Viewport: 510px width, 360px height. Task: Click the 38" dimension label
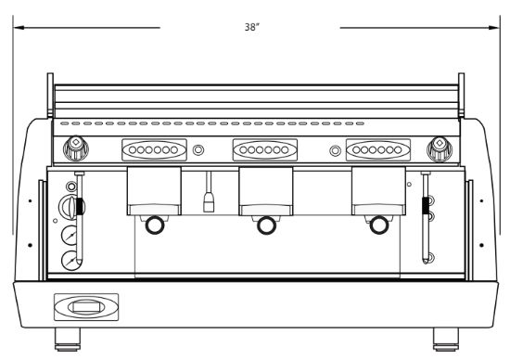(252, 27)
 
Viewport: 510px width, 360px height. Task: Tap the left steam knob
(76, 148)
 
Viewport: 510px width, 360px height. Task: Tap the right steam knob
(440, 149)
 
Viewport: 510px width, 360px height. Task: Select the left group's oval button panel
(154, 149)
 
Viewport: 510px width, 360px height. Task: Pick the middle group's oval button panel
(265, 149)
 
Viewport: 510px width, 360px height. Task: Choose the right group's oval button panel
(378, 149)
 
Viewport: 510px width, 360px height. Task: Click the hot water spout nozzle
(209, 202)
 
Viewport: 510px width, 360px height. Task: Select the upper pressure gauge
(70, 235)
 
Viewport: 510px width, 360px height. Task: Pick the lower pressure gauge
(70, 261)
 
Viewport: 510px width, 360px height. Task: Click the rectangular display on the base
(86, 307)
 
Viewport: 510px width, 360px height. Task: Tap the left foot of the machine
(68, 340)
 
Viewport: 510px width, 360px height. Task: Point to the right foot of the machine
(446, 340)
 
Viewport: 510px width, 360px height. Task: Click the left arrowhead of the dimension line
(19, 28)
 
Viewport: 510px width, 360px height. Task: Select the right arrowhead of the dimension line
(493, 28)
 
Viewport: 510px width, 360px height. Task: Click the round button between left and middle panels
(198, 150)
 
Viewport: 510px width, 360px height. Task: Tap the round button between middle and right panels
(335, 150)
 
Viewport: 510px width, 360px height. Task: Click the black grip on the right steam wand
(425, 205)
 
